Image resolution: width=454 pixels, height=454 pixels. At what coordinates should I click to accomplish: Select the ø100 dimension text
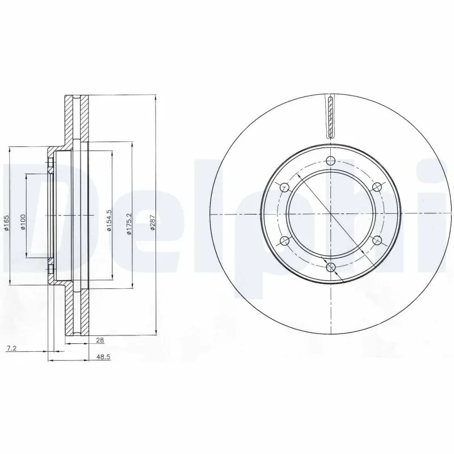23,222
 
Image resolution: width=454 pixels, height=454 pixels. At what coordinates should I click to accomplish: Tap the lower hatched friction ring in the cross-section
76,309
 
